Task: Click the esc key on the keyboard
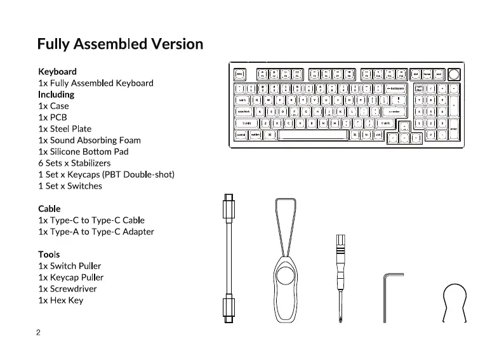click(240, 74)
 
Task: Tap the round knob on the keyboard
click(453, 74)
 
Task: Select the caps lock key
click(244, 111)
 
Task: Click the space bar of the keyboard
click(312, 135)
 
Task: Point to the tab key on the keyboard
click(242, 100)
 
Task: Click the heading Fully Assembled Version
click(120, 44)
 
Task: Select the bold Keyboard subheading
click(57, 72)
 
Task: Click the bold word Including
click(56, 95)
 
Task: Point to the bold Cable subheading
click(49, 209)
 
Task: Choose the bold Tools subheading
click(49, 255)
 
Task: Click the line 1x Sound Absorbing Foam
click(90, 140)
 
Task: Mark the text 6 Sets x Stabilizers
click(79, 163)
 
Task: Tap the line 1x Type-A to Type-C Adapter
click(96, 232)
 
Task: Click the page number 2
click(39, 333)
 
